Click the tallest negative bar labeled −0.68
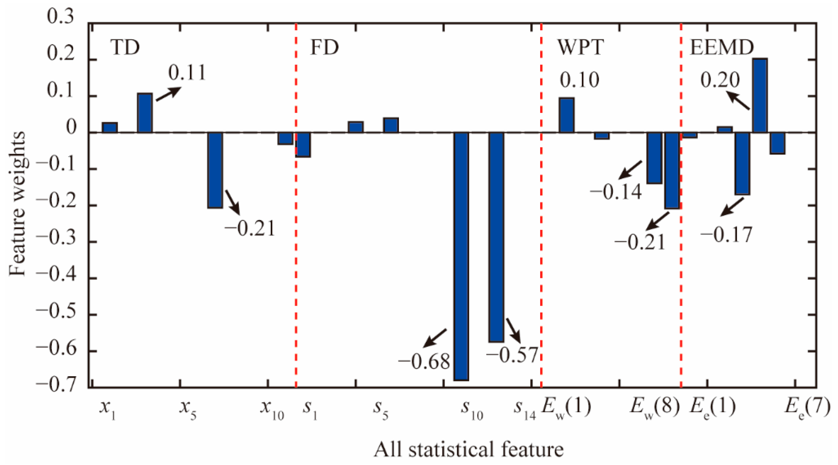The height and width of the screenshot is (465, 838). pos(461,256)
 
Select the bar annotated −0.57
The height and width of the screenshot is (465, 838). pos(496,237)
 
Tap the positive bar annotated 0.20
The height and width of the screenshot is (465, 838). pos(760,95)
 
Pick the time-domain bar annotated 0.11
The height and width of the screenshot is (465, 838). pos(145,113)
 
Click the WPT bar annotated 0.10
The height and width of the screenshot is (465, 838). pos(566,115)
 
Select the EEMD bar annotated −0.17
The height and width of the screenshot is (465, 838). pos(742,163)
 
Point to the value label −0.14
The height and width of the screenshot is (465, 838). pos(616,192)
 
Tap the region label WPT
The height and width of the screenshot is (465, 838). pos(581,48)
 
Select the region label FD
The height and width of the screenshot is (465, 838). pos(324,48)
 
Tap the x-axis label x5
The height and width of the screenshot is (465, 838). pos(188,409)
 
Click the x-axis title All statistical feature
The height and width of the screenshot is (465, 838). pos(468,450)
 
